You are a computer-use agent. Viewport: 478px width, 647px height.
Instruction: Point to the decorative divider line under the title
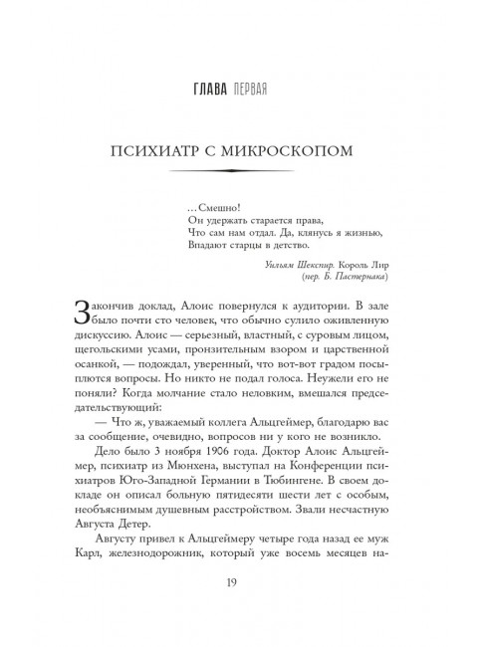238,175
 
